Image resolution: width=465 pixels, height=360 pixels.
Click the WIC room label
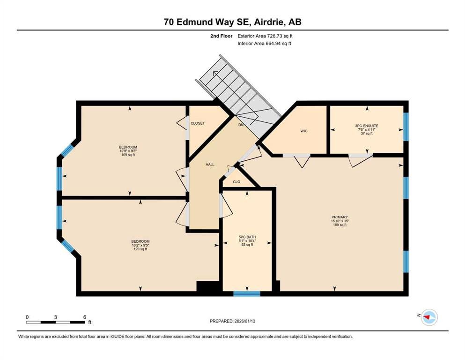point(303,131)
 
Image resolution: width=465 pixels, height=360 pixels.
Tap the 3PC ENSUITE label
point(367,126)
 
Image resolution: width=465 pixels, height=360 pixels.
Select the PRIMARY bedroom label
point(340,217)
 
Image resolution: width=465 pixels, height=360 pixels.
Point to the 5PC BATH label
point(247,237)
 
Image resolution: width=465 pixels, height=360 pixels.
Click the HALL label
point(210,165)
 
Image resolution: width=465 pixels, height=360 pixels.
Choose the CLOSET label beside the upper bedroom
point(198,123)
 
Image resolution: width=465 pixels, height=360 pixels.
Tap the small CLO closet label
point(236,181)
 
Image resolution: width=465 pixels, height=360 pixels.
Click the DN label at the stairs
point(241,125)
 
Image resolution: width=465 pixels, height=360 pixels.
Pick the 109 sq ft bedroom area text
point(128,155)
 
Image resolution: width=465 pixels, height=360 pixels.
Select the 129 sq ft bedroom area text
point(140,249)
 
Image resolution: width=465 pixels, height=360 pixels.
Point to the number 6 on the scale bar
point(84,317)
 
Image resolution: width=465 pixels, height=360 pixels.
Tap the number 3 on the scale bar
point(55,317)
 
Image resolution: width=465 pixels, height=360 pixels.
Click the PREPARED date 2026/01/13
point(244,321)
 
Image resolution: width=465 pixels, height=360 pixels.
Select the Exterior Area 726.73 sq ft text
point(265,36)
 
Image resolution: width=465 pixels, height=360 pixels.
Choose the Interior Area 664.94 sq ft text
point(264,43)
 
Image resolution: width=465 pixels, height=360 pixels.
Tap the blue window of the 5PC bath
point(247,294)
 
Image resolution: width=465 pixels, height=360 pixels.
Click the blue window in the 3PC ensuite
point(406,127)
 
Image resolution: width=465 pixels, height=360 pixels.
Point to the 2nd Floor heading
point(221,36)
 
